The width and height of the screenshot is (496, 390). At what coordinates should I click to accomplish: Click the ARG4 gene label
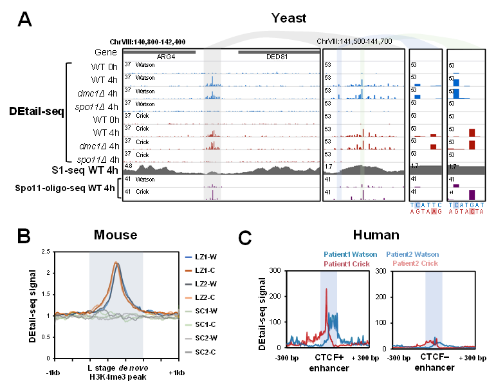tap(166, 57)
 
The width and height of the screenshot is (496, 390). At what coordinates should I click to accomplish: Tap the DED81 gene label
tap(277, 57)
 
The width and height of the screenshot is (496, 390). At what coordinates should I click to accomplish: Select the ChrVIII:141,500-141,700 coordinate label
tap(354, 42)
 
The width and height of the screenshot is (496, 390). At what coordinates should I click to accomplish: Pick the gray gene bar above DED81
tap(279, 51)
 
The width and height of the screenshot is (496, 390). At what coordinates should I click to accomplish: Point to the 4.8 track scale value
tap(128, 166)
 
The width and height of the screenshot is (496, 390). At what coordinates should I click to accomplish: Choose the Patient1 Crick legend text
tap(347, 264)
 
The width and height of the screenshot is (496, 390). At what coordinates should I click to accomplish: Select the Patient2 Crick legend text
tap(416, 264)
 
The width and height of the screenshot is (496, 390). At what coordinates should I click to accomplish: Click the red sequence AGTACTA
tap(466, 211)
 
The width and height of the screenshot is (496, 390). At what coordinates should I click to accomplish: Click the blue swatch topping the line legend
tap(188, 257)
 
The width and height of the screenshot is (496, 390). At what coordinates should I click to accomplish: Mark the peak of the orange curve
tap(116, 263)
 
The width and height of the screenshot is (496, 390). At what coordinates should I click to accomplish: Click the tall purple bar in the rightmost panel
tap(472, 194)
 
